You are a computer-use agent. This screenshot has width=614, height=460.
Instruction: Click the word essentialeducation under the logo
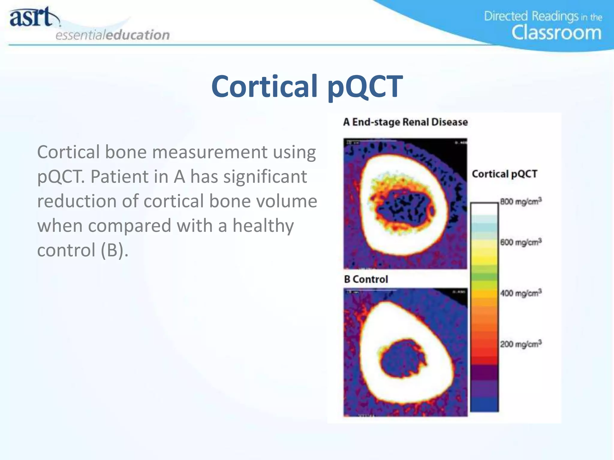click(112, 35)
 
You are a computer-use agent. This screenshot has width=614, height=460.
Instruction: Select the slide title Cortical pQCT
click(307, 87)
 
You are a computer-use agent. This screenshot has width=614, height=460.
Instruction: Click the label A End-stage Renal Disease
click(405, 122)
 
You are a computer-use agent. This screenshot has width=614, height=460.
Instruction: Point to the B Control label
click(366, 279)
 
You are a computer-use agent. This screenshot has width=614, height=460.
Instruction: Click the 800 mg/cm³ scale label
click(521, 202)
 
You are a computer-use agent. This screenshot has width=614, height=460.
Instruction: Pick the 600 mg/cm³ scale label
click(521, 242)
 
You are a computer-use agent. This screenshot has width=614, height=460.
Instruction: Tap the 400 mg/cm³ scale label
click(521, 293)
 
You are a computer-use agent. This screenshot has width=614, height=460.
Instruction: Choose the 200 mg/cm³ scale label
click(521, 344)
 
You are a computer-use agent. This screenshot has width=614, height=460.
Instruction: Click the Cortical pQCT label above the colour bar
click(505, 174)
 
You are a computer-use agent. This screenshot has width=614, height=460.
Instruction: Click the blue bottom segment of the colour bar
click(484, 404)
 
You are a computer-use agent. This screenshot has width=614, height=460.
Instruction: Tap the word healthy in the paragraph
click(263, 226)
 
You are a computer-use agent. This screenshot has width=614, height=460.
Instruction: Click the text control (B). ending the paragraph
click(83, 250)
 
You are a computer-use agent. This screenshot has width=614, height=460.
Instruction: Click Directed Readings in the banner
click(531, 16)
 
